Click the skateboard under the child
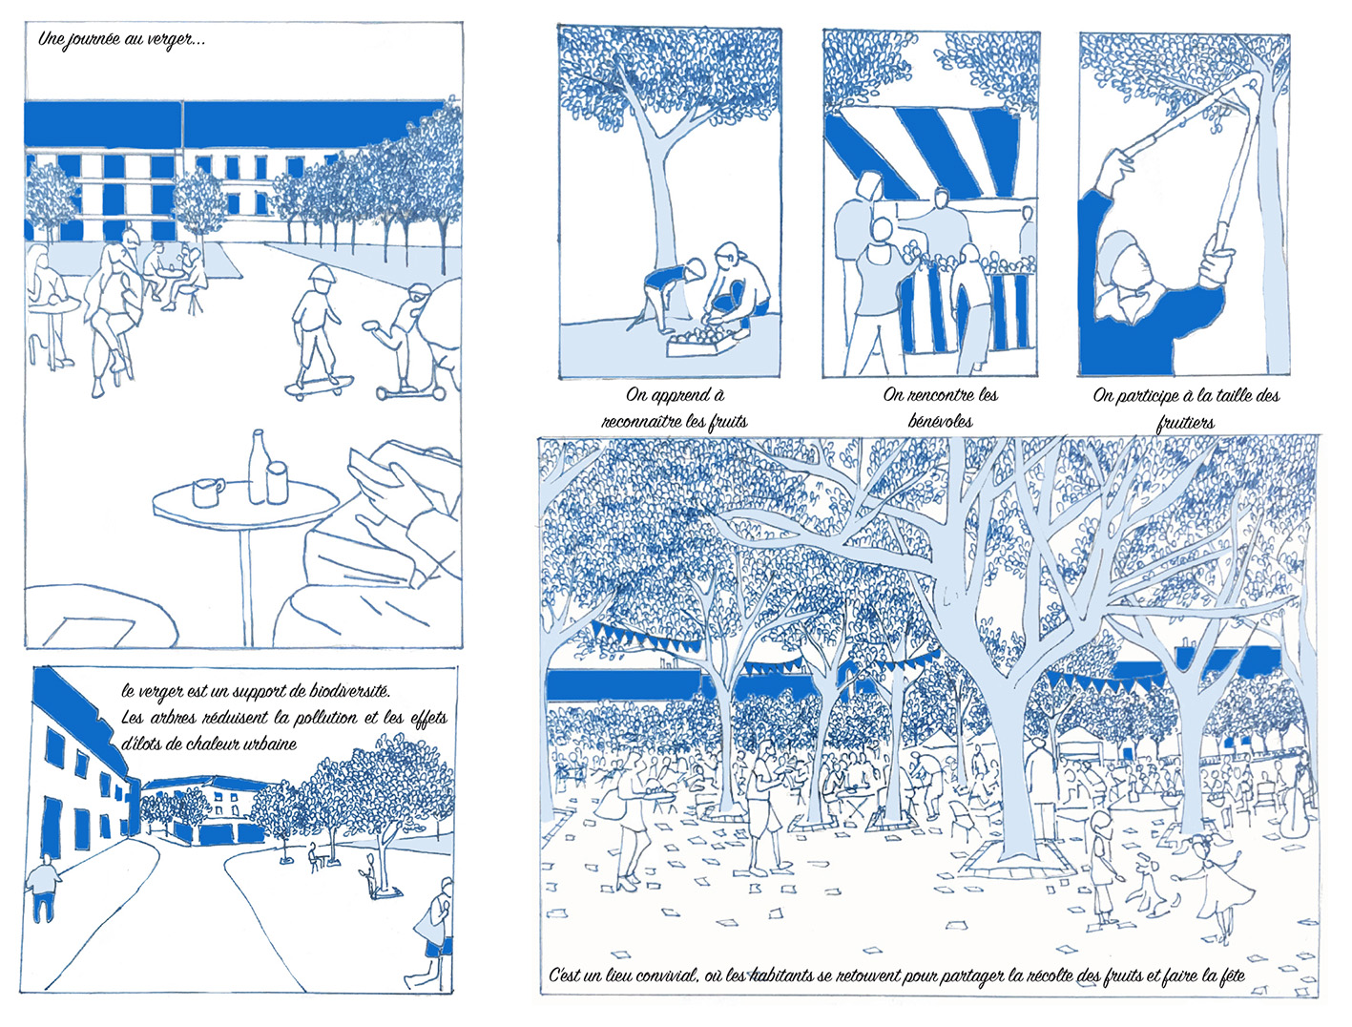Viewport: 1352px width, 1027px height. (320, 387)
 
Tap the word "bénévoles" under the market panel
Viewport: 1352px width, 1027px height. (940, 421)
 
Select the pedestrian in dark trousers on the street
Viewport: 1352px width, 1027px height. (43, 886)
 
